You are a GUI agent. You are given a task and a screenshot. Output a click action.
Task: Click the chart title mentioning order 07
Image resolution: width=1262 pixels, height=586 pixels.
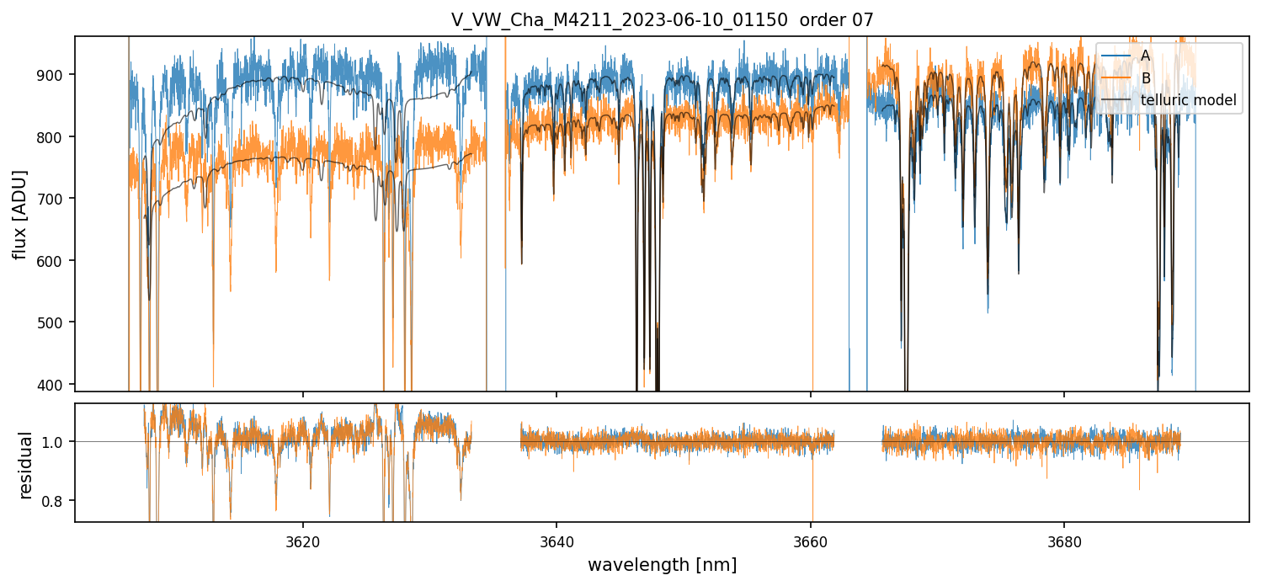pos(662,20)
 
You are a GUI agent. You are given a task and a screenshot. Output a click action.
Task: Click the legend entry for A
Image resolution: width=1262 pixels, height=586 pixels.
pos(1145,56)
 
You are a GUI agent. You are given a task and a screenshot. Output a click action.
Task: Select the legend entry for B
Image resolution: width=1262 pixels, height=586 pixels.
pos(1145,78)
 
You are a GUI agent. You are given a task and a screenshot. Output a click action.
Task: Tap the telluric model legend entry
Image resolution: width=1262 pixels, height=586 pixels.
pos(1188,100)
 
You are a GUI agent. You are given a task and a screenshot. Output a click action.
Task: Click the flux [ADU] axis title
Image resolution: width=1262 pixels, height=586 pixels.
pos(20,214)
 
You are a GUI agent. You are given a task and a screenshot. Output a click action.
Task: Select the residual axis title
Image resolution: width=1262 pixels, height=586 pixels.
pos(25,464)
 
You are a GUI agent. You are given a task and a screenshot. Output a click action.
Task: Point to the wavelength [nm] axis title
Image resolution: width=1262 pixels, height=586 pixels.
pos(662,564)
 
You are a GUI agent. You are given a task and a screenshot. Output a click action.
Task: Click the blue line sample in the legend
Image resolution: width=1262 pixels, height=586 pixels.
pos(1116,56)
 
